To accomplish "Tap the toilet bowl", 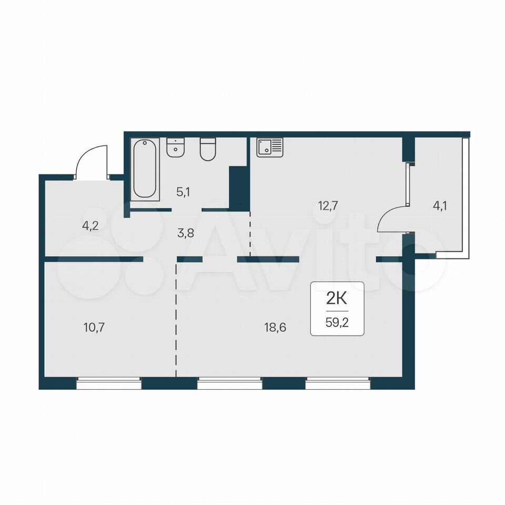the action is [207, 149].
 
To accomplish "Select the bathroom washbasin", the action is [176, 147].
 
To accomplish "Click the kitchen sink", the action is [270, 147].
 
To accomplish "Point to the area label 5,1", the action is [183, 193].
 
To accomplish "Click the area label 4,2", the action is [90, 226].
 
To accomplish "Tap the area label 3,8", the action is [186, 233].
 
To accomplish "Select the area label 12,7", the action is [328, 206].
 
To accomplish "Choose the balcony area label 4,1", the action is [439, 206].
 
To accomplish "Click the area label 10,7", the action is [94, 328].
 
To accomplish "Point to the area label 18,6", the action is [275, 328].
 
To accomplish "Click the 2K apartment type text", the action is [337, 299].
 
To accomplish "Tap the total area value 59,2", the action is [337, 322].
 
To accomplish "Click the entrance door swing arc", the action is [84, 155].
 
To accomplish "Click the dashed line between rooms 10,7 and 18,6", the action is [176, 320].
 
